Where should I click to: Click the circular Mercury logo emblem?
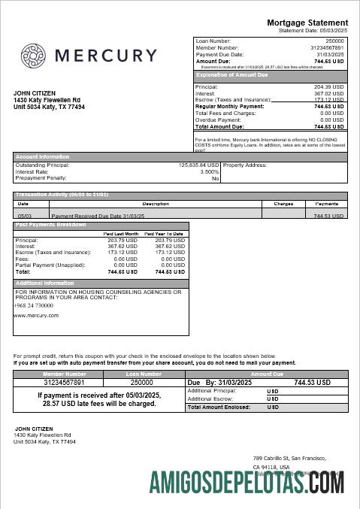pos(35,56)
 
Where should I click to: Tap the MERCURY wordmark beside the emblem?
pos(106,56)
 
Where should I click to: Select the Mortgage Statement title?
pos(307,23)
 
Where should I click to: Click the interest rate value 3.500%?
pos(210,171)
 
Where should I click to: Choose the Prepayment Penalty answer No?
pos(215,178)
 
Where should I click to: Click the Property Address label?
pos(244,165)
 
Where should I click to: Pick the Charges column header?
pos(283,203)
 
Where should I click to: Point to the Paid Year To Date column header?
pos(165,234)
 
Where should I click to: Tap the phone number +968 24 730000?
pos(33,305)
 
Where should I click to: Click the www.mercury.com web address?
pos(36,316)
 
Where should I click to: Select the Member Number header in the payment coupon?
pos(65,373)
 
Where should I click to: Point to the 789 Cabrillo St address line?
pos(289,458)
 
